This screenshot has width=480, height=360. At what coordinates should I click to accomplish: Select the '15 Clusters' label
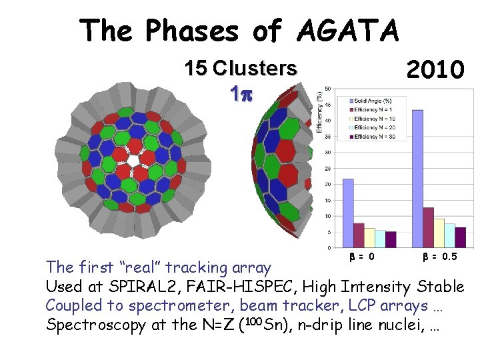(241, 68)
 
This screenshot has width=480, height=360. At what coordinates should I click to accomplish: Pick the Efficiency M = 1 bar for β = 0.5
(429, 227)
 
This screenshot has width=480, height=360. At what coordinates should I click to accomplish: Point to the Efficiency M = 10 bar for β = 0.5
(439, 233)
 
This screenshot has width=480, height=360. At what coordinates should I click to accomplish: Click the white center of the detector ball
(133, 161)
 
